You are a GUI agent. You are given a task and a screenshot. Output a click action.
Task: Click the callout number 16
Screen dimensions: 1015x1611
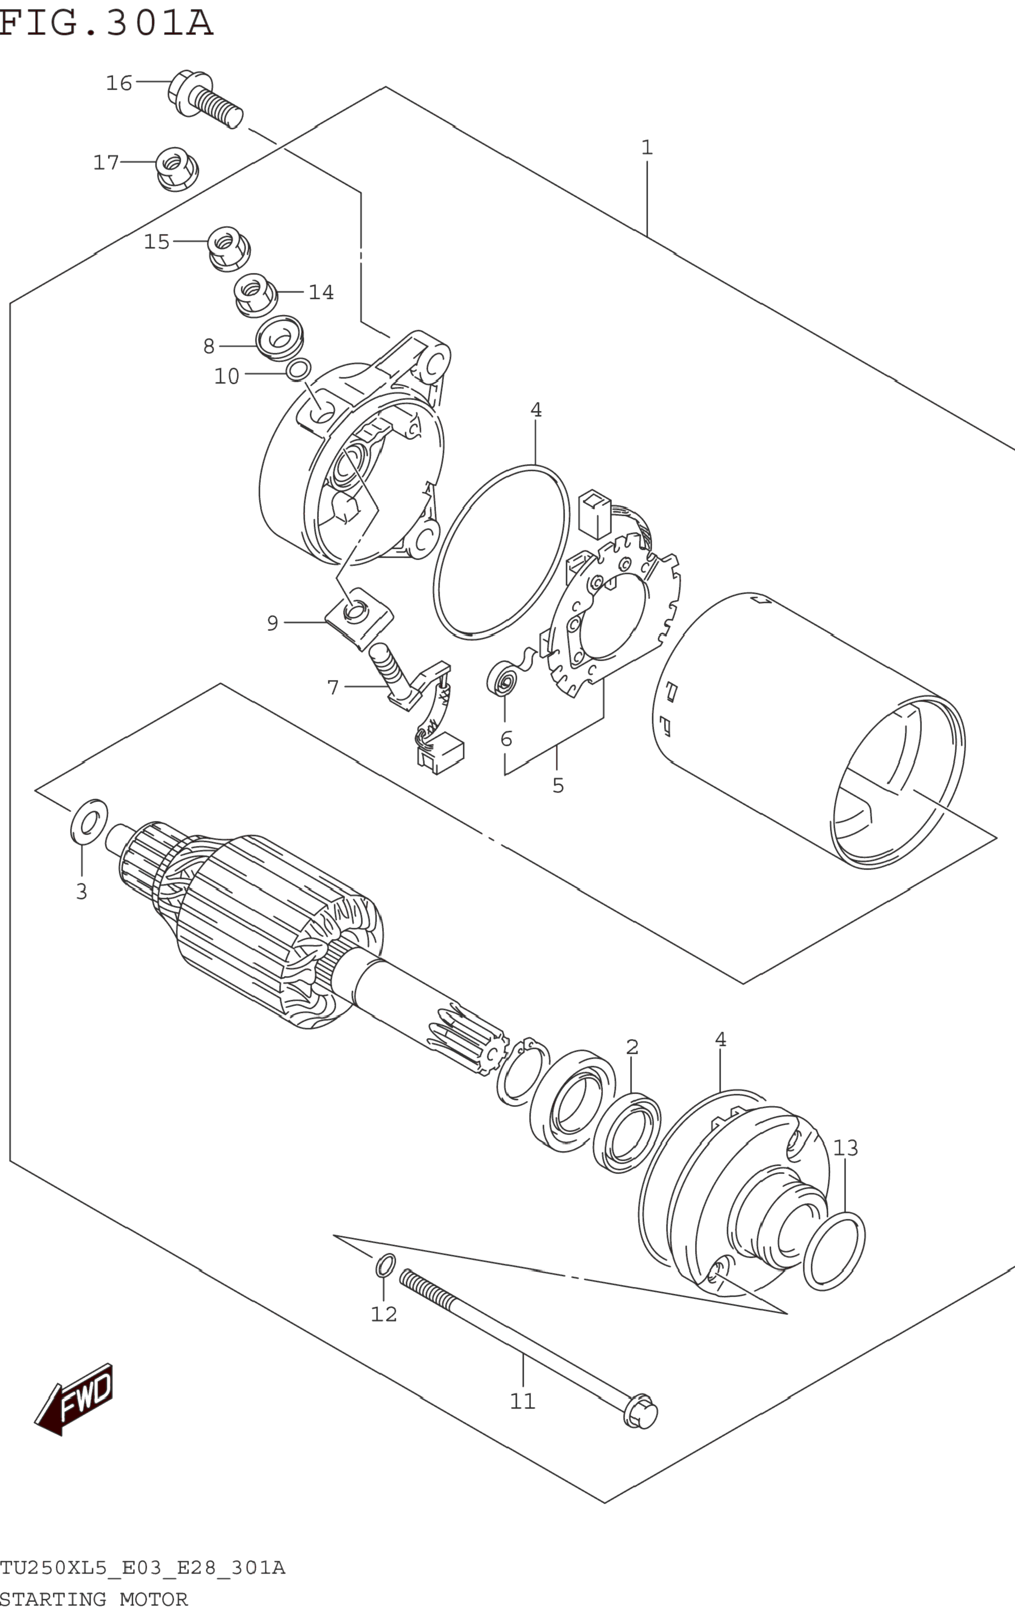pos(119,83)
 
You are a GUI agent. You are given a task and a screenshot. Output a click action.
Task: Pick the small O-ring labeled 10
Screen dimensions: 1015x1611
pos(298,369)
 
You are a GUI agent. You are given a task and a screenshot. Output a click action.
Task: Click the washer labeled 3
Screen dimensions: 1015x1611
pos(88,821)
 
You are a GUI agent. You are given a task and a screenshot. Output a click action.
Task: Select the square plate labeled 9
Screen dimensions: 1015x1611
pos(359,616)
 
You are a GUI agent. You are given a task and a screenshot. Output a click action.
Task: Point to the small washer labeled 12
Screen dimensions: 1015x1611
pos(384,1266)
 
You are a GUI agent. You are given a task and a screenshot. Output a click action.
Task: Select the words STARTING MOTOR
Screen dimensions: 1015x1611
pos(94,1599)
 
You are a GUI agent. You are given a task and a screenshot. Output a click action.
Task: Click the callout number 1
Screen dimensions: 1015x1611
pos(647,147)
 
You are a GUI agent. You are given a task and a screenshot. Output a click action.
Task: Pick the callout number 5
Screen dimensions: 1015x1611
pos(558,785)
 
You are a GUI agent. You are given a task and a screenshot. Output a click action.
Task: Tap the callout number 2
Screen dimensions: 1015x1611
pos(632,1046)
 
